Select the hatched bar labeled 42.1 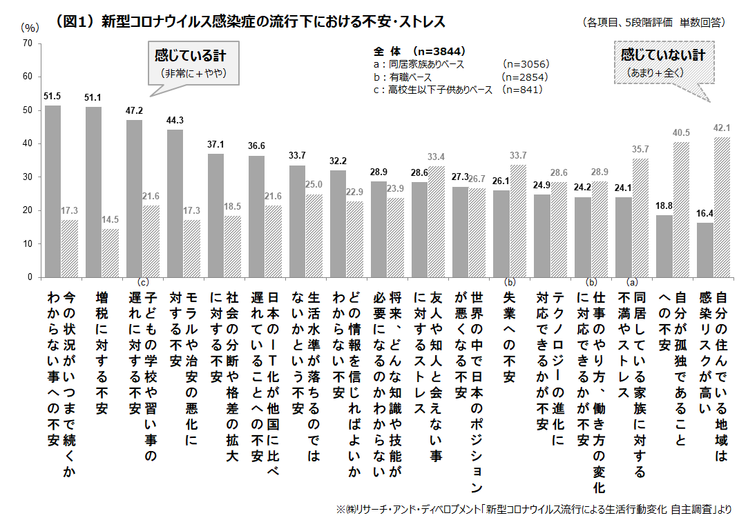[x=722, y=207]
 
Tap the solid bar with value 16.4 [x=705, y=250]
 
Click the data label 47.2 [x=134, y=110]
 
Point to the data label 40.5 [x=682, y=132]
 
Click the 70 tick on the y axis [x=28, y=43]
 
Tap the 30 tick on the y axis [x=28, y=177]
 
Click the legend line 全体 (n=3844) [x=419, y=51]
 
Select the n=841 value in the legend [x=522, y=89]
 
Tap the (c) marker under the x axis [x=143, y=281]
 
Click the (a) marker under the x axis [x=631, y=281]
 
